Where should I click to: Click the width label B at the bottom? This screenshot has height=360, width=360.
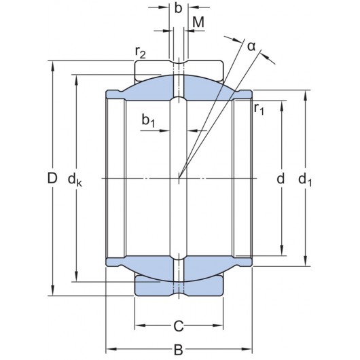point(178,350)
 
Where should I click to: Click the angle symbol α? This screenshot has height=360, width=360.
point(251,46)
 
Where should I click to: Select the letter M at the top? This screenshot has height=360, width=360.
point(198,22)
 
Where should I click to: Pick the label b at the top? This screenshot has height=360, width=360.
point(178,9)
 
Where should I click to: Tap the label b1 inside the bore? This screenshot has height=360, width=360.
point(149,121)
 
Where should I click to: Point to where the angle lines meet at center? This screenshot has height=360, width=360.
point(179,178)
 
